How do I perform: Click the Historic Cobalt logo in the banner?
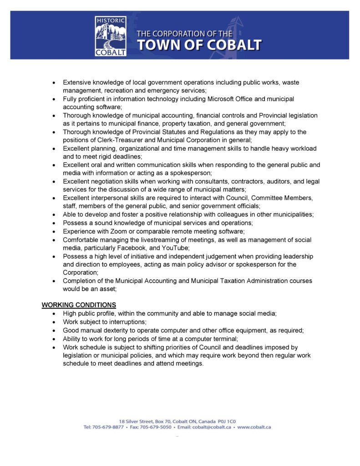point(111,35)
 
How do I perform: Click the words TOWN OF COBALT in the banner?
point(200,45)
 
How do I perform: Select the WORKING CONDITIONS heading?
point(79,304)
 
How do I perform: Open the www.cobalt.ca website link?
point(254,427)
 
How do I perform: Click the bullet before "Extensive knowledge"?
point(55,82)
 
